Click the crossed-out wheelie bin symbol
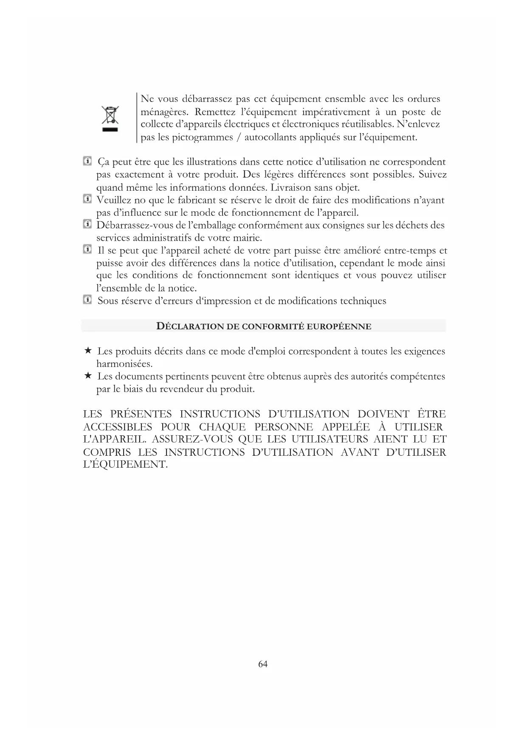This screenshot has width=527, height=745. coord(110,116)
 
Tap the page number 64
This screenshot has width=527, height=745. coord(263,664)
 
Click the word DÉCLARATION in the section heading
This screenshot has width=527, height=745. coord(190,326)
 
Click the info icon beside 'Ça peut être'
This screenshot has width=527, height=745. coord(87,161)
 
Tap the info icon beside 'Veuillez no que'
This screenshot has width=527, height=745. coord(87,199)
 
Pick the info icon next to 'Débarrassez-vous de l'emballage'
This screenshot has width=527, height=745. coord(87,224)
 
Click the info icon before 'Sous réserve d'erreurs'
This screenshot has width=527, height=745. coord(87,300)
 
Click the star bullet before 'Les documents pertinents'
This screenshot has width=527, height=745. coord(87,375)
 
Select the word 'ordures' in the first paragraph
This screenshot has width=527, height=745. coord(423,99)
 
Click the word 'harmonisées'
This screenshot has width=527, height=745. coord(124,364)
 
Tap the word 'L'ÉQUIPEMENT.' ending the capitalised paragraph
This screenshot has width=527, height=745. coord(125,464)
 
